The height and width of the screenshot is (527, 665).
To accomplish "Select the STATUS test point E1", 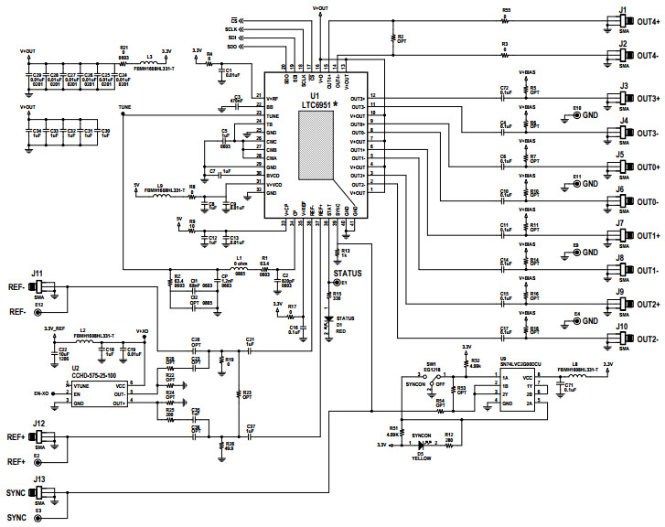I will [330, 284].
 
